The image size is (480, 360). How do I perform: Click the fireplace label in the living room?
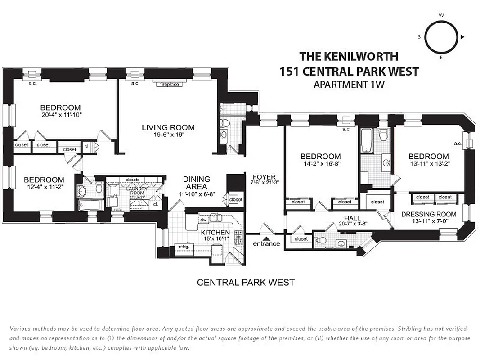170,84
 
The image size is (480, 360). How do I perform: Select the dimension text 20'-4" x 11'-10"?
60,115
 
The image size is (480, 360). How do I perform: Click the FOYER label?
264,177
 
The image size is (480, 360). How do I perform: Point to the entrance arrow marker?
266,238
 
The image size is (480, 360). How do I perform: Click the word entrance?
266,244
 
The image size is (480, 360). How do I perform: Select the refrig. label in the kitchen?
183,247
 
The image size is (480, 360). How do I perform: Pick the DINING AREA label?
197,183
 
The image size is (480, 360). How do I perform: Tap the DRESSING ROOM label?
428,214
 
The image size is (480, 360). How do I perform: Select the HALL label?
352,218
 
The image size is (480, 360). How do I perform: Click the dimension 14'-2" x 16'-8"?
321,164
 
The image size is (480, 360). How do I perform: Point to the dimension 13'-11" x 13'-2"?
429,164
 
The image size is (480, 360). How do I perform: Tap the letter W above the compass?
441,15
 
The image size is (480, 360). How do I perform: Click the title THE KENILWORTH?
349,57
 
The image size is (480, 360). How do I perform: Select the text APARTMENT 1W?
349,84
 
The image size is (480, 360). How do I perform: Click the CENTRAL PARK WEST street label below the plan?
246,283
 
